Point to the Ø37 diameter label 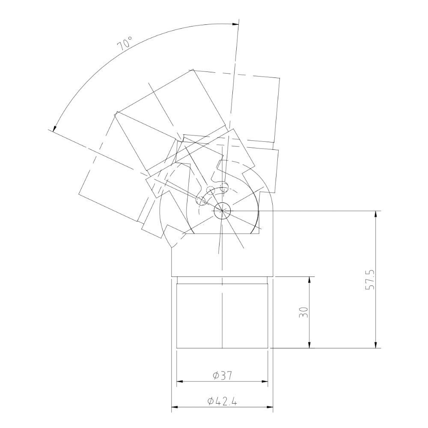point(222,375)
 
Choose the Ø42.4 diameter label point(222,401)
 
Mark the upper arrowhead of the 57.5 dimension point(376,214)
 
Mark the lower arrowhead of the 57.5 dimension point(376,345)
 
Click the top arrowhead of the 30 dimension point(309,279)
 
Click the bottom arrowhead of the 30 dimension point(309,345)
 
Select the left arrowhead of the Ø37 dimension point(180,381)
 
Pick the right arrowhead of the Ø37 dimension point(265,381)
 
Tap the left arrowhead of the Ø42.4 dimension point(175,407)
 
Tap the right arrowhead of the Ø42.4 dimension point(270,407)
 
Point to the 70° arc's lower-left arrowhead point(54,128)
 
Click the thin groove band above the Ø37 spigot point(222,280)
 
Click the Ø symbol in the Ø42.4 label point(210,401)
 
